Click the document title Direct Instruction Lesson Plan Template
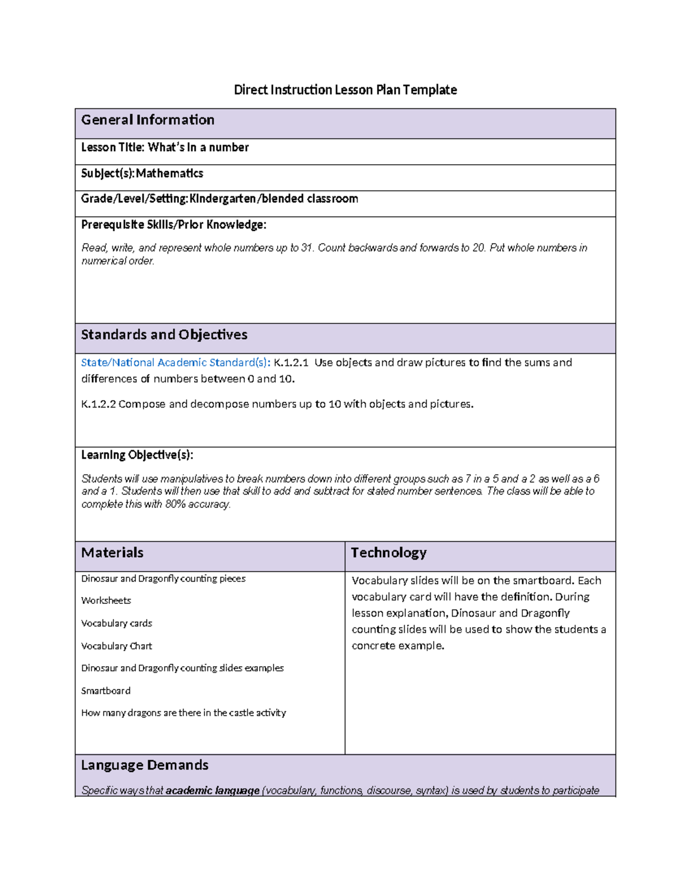[x=345, y=90]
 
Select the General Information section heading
[x=147, y=120]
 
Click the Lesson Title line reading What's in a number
[x=165, y=148]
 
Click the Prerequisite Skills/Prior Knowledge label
[x=173, y=225]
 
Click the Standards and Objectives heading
[x=164, y=335]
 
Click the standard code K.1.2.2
[x=98, y=404]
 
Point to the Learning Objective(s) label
[x=137, y=455]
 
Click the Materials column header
[x=112, y=553]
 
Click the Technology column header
[x=389, y=553]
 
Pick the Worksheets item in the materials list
[x=106, y=601]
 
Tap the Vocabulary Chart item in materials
[x=116, y=646]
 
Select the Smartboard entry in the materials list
[x=105, y=690]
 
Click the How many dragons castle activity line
[x=183, y=713]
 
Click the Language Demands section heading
[x=145, y=765]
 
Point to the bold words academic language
[x=212, y=791]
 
